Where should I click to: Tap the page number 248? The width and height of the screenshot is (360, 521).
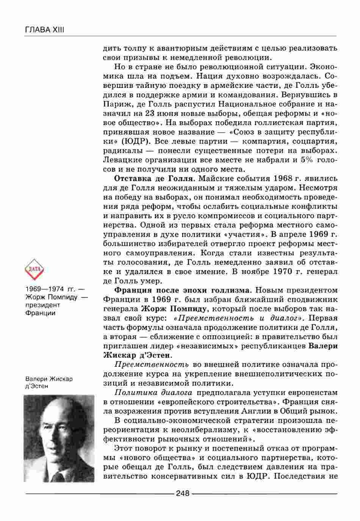182,493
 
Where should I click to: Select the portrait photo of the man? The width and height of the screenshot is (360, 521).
59,438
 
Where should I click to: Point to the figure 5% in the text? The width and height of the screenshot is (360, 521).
306,160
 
